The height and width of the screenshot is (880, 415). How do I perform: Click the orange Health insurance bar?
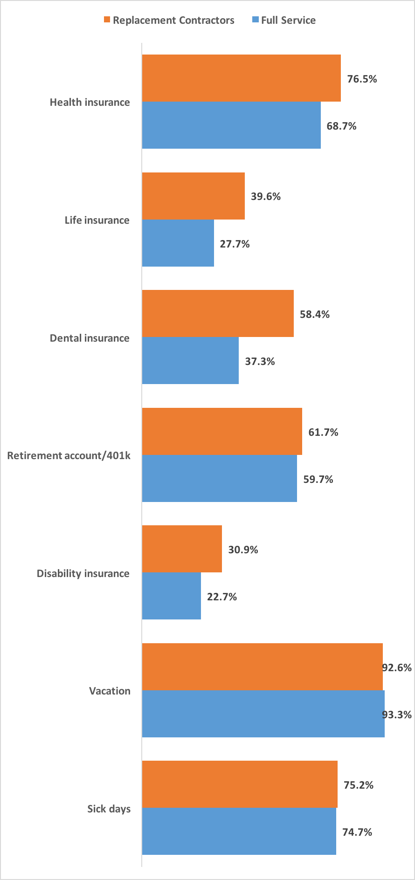[241, 78]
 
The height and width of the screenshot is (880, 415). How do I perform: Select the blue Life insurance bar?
[178, 243]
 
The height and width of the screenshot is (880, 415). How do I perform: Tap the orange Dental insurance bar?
[218, 314]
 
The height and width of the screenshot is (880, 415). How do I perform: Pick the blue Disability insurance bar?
[171, 596]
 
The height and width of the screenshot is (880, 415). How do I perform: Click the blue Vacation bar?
[263, 714]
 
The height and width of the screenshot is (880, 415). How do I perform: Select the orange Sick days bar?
[240, 784]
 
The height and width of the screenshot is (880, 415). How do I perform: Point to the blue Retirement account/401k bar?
[219, 479]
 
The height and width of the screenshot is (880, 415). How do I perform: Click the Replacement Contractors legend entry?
[169, 20]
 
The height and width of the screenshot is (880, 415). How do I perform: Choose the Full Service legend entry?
[284, 20]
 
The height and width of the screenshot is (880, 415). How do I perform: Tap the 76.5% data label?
[362, 79]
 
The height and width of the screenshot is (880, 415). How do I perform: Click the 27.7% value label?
[235, 244]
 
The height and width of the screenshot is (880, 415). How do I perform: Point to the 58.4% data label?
[314, 314]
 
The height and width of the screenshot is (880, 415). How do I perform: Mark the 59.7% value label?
[318, 479]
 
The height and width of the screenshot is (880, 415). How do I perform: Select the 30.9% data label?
[243, 550]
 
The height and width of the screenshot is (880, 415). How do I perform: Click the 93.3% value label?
[397, 715]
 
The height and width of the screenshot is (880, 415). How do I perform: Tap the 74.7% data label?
[357, 832]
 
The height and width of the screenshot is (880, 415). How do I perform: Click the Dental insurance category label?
[90, 338]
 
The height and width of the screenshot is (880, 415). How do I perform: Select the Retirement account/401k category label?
[69, 455]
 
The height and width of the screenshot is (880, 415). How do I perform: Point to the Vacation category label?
[110, 691]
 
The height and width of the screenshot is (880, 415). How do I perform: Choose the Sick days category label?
[109, 809]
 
